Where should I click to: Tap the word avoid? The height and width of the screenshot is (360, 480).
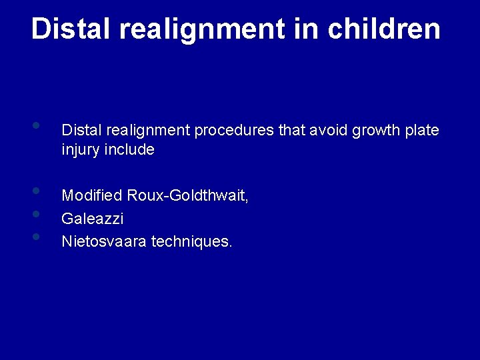tap(327, 131)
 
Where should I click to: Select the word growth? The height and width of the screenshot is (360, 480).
tap(378, 131)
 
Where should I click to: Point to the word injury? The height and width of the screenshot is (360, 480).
tap(79, 150)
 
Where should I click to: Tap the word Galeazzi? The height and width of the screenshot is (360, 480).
tap(93, 219)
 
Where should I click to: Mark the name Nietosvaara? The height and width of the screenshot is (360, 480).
tap(104, 241)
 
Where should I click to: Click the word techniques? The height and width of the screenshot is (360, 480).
tap(192, 241)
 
